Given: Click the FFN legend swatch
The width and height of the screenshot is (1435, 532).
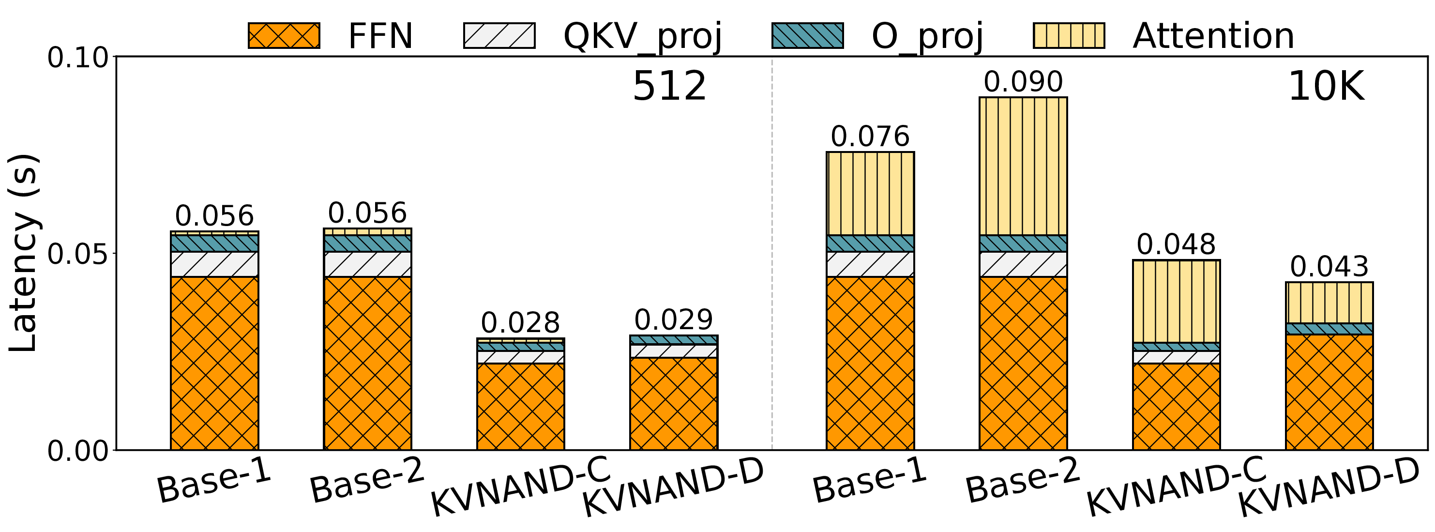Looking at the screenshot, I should point(284,36).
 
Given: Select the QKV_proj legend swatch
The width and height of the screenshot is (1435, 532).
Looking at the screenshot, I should point(499,36).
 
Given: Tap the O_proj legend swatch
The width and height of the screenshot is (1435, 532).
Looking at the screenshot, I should point(807,36).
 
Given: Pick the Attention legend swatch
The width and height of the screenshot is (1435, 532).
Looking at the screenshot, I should point(1069,36).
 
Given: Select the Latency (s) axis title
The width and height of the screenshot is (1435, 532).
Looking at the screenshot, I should point(23,254).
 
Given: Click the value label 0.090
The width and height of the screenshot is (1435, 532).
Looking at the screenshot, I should point(1023,82).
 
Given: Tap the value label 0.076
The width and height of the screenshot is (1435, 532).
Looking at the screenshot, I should point(870,137).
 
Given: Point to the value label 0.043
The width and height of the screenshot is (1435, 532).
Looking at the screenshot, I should point(1329,267).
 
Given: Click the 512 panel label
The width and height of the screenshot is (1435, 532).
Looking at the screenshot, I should point(669,88).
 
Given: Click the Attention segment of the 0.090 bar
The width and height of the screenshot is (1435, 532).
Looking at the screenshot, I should point(1023,166).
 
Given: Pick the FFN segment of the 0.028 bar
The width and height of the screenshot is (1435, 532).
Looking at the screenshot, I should point(520,406).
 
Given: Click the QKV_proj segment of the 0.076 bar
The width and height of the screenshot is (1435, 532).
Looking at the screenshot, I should point(870,264).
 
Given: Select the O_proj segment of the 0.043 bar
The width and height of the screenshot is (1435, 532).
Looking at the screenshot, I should point(1329,329).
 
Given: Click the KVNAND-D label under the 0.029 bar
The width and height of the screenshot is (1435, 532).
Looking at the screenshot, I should point(672,488).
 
